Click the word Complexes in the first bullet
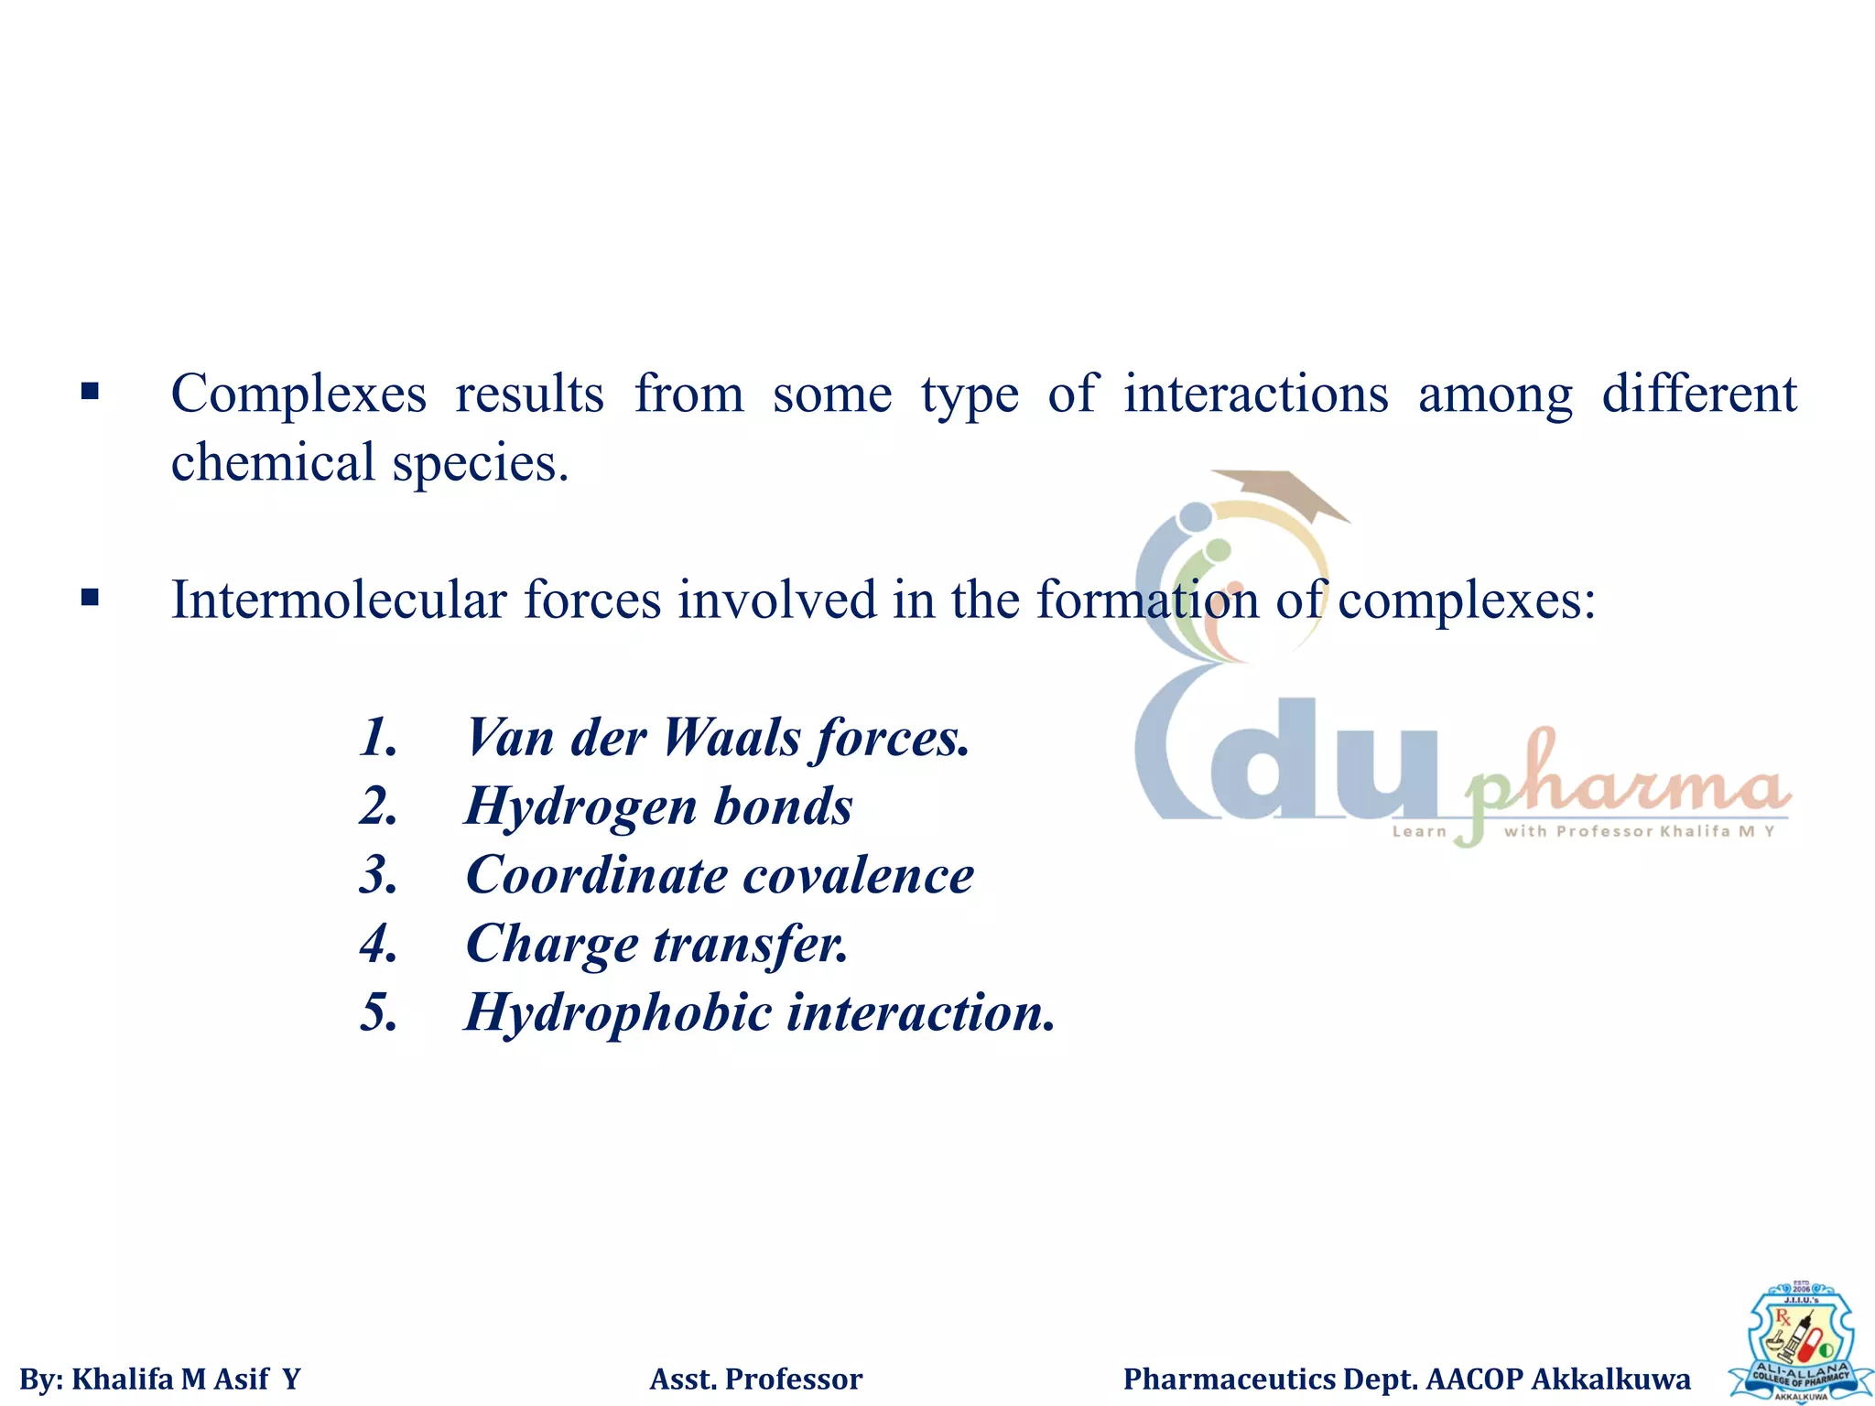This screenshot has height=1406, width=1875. click(298, 395)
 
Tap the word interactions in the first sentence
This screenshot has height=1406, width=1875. click(1256, 395)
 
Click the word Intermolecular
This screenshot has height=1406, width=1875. click(338, 601)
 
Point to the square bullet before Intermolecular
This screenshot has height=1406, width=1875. click(90, 599)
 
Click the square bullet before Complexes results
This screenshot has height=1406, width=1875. click(90, 393)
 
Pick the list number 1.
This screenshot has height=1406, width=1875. click(378, 738)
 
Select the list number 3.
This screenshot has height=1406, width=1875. click(378, 876)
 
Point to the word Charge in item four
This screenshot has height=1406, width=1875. click(551, 945)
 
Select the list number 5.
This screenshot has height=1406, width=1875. click(378, 1013)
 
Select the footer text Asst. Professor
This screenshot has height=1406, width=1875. click(755, 1379)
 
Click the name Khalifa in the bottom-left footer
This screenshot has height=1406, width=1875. click(122, 1379)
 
